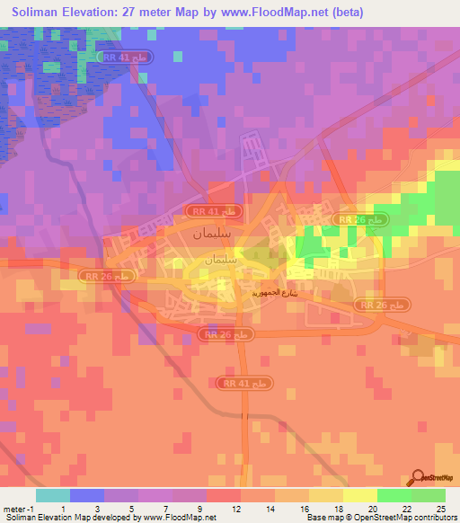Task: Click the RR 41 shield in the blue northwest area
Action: [x=134, y=56]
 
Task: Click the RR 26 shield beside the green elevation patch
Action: [x=359, y=219]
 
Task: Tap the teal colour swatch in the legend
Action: [x=53, y=495]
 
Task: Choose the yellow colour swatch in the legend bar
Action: [x=360, y=495]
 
